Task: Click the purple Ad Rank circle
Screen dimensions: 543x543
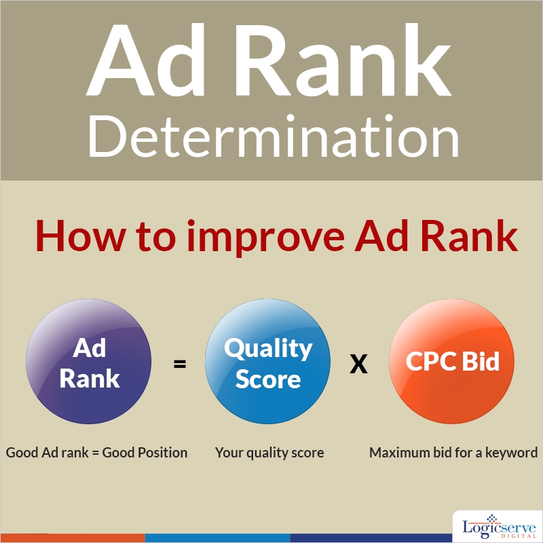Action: click(x=89, y=363)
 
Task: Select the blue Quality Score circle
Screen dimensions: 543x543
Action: click(x=267, y=363)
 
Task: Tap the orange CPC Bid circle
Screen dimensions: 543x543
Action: click(x=452, y=363)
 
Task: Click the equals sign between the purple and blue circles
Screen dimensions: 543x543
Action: click(x=179, y=364)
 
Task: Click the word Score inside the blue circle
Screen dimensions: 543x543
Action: click(x=267, y=379)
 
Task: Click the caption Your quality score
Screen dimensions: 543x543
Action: click(x=269, y=452)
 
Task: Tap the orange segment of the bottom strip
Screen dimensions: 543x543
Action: click(x=72, y=538)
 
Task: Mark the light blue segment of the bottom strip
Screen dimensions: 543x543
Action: click(x=217, y=538)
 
